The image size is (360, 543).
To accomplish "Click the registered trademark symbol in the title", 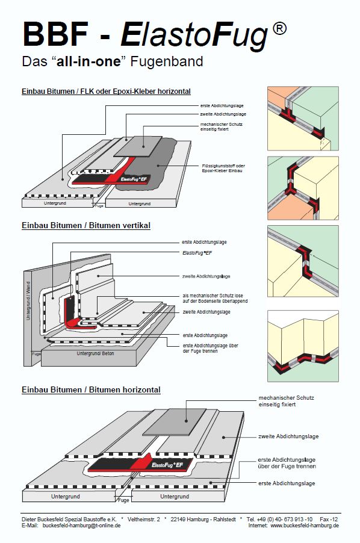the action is [279, 28].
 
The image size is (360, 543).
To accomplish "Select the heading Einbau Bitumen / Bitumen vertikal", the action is [86, 225].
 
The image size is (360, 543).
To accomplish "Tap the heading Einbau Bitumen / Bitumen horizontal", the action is [91, 389].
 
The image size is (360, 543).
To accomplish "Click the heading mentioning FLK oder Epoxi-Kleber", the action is [106, 92].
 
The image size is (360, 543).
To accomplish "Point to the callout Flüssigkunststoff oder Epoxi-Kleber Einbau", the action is [223, 169].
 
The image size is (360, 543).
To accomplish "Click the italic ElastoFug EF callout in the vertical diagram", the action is [197, 253].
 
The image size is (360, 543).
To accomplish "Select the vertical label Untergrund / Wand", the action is [29, 300].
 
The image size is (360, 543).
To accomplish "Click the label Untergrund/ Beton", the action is [95, 353].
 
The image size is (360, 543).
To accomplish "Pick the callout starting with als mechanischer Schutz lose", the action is [215, 299].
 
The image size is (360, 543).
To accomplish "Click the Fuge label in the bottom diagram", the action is [123, 500].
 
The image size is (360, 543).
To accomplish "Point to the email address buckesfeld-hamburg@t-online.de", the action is [82, 526].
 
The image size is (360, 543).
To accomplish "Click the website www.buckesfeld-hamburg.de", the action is [305, 526].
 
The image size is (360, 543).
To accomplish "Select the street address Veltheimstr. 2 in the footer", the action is [144, 520].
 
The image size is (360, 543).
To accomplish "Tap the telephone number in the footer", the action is [279, 520].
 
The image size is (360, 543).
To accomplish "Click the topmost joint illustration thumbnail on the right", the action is [303, 119].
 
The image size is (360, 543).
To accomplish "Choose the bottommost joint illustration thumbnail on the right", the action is [303, 346].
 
